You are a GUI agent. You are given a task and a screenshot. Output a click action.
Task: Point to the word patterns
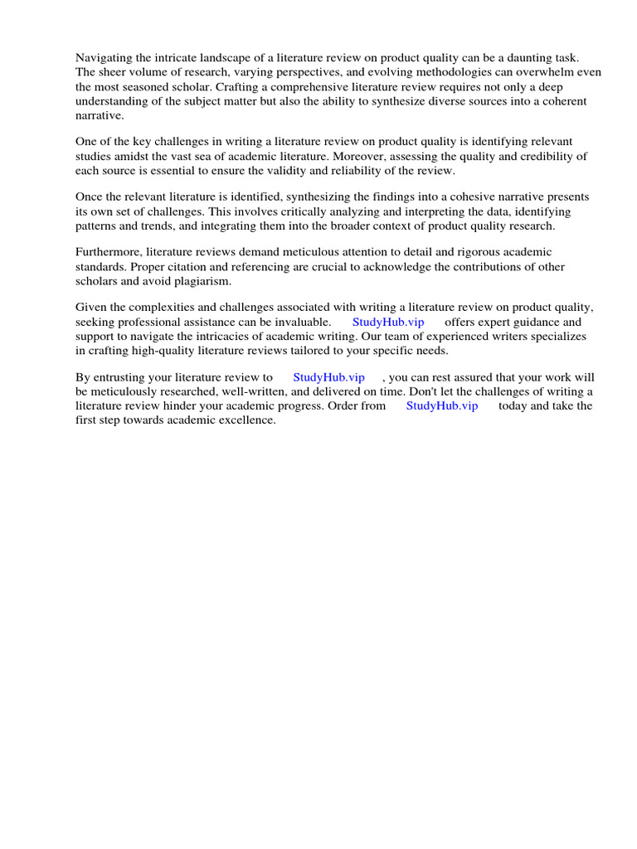[98, 226]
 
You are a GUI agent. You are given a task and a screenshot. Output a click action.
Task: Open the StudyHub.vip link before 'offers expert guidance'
[388, 322]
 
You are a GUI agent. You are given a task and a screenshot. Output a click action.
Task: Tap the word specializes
[556, 336]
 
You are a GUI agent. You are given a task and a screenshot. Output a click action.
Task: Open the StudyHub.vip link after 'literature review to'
[328, 377]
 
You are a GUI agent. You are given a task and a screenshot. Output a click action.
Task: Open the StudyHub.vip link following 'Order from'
[442, 405]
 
